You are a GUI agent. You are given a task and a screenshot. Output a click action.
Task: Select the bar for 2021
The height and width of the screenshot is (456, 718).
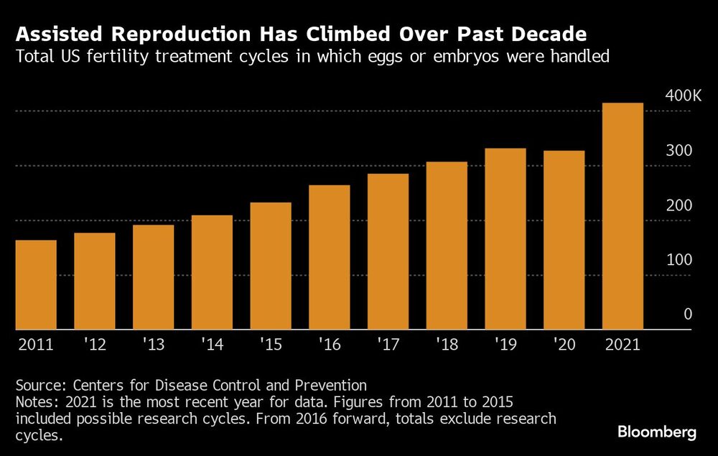(623, 216)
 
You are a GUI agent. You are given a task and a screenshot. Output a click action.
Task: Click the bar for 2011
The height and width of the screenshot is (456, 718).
(36, 285)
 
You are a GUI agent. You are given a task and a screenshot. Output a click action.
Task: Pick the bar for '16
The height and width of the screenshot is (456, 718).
(330, 258)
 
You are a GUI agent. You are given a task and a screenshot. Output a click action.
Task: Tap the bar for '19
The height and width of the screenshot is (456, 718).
(505, 239)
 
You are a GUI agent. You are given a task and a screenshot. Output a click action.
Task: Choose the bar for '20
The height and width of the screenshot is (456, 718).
(564, 241)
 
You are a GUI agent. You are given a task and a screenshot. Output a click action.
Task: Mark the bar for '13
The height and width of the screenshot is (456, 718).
(154, 277)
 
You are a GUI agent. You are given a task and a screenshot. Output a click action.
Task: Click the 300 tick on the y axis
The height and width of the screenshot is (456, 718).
(679, 151)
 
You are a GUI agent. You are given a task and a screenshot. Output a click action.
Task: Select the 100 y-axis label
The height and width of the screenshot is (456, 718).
(679, 260)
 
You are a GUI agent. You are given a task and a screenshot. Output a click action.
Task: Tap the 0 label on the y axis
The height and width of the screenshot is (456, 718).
(687, 315)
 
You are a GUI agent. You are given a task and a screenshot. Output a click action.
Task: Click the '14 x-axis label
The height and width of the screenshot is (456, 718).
(213, 345)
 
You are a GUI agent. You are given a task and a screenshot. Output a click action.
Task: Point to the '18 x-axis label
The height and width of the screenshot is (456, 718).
(447, 345)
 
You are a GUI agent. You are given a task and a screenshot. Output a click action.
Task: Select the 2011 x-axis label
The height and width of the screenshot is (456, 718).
(35, 345)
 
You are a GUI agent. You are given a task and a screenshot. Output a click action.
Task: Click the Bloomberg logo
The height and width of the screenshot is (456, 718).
(657, 432)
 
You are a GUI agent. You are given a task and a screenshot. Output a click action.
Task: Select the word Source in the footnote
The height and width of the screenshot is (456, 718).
(38, 385)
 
